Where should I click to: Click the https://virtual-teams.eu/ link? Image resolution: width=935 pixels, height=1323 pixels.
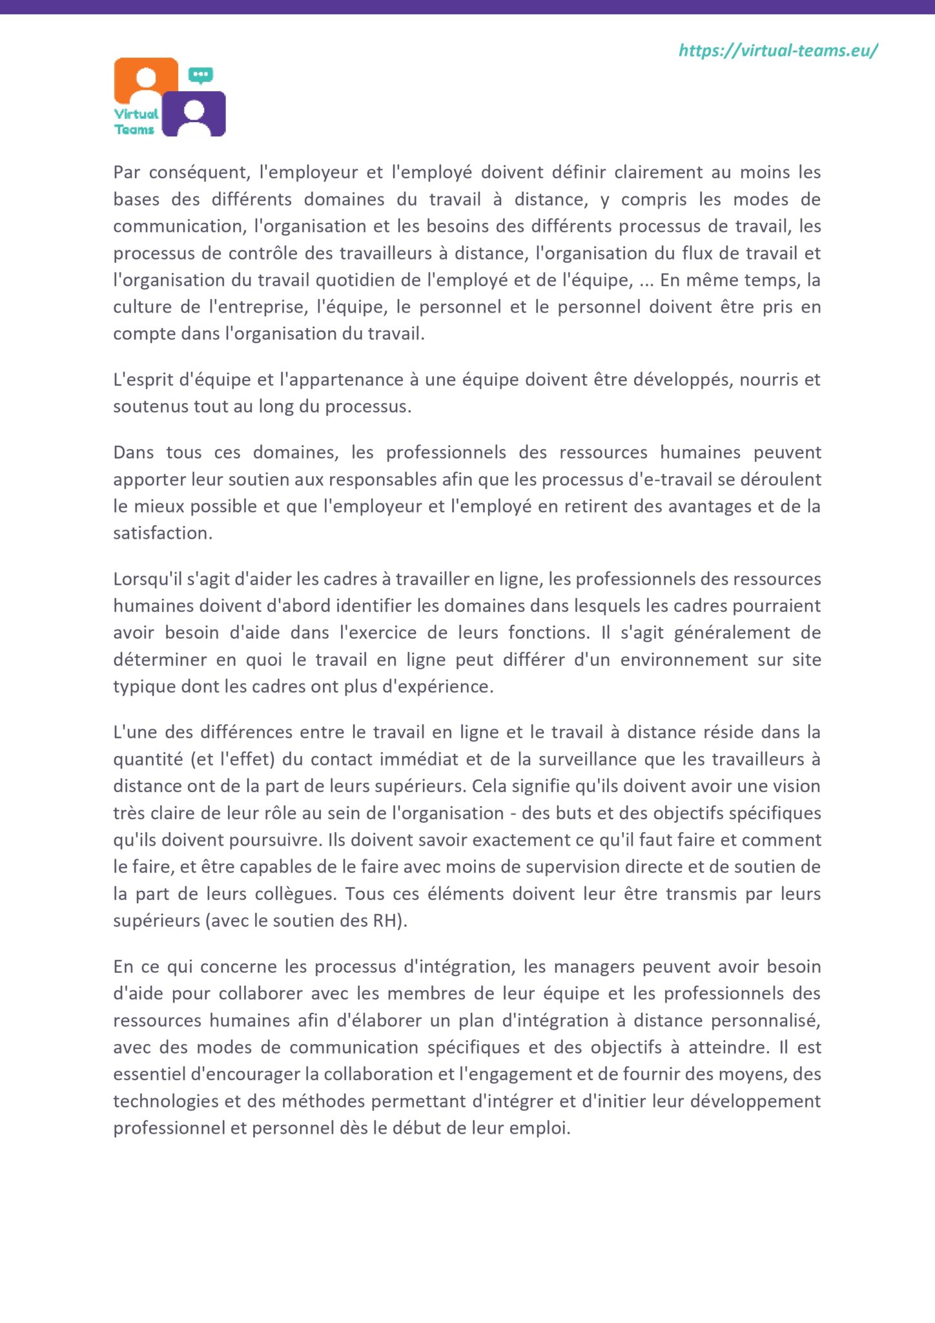(777, 50)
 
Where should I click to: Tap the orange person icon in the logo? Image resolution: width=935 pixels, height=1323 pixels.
(147, 80)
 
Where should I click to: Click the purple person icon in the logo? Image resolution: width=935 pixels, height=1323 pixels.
(194, 114)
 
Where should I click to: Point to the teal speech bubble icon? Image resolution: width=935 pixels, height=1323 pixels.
(201, 75)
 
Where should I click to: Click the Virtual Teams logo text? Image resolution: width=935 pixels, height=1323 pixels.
(136, 121)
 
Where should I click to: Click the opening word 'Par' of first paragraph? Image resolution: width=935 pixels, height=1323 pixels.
(127, 172)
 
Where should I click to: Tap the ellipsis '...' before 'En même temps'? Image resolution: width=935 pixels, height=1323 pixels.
(646, 280)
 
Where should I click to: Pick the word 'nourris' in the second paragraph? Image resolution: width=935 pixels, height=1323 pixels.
(768, 380)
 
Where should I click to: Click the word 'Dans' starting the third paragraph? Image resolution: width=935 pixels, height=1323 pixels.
(133, 452)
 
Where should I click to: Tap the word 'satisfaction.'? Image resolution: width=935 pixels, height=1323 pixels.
(163, 533)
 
